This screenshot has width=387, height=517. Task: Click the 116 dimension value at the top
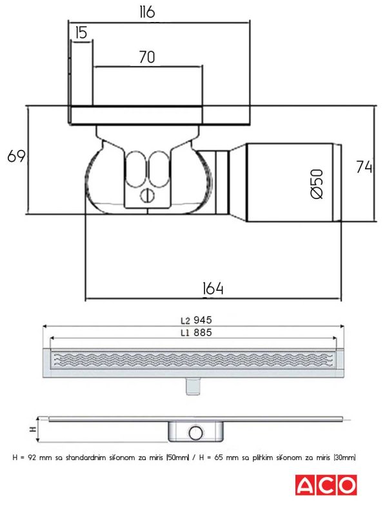147,12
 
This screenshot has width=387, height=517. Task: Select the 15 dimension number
81,33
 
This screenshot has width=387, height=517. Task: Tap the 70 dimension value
147,57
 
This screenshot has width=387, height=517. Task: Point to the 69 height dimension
16,156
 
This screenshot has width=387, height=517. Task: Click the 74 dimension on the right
364,167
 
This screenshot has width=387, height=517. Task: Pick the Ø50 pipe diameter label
317,184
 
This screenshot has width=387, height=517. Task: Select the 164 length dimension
213,288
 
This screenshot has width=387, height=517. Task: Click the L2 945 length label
196,320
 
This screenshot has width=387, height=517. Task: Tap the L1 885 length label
196,332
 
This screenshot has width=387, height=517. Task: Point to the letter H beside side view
33,429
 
